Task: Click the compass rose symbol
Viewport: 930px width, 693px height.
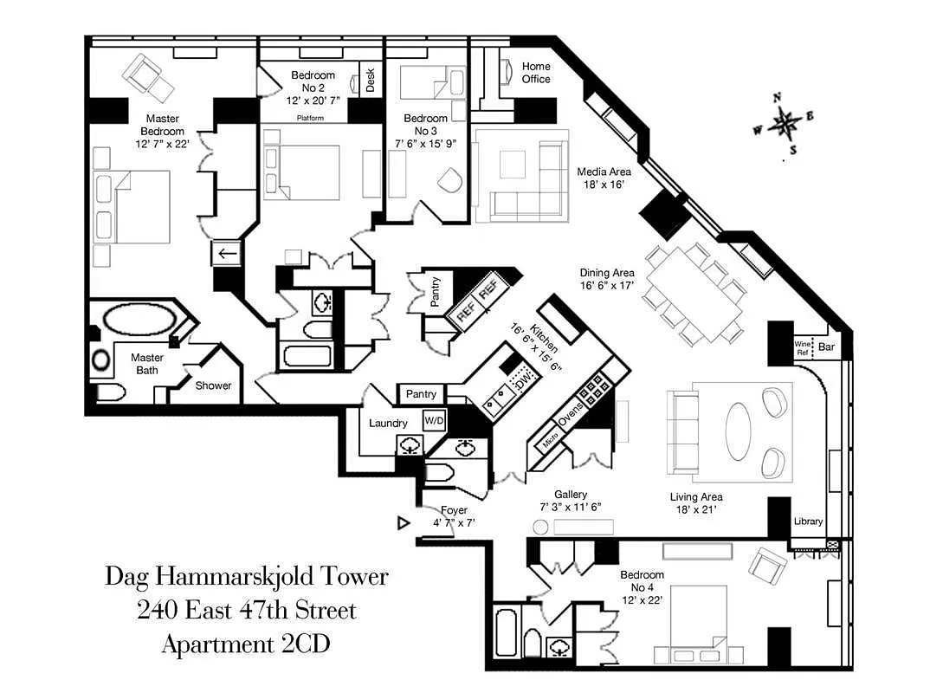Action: (x=785, y=124)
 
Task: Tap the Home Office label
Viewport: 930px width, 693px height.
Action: (x=536, y=73)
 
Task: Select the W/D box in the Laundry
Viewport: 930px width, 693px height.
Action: (x=434, y=421)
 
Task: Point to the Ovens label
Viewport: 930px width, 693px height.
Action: (x=571, y=414)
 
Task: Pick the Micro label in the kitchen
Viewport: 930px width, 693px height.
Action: (x=551, y=440)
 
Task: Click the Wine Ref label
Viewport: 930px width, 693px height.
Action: (x=803, y=347)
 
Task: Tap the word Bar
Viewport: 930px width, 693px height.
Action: (x=826, y=347)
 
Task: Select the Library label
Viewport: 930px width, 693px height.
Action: (x=809, y=521)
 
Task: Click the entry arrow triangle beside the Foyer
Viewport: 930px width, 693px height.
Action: (x=404, y=522)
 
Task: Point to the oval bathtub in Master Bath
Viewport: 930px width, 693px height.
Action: (x=139, y=319)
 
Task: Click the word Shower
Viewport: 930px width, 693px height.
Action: (x=214, y=385)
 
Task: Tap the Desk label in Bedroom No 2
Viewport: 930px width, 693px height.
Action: (x=370, y=80)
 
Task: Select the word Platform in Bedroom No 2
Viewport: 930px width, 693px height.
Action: (x=310, y=118)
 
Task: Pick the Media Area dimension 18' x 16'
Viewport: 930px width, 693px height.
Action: (x=604, y=185)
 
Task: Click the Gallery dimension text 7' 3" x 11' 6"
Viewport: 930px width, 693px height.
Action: (x=571, y=507)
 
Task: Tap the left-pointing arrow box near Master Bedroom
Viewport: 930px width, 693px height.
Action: (x=227, y=254)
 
